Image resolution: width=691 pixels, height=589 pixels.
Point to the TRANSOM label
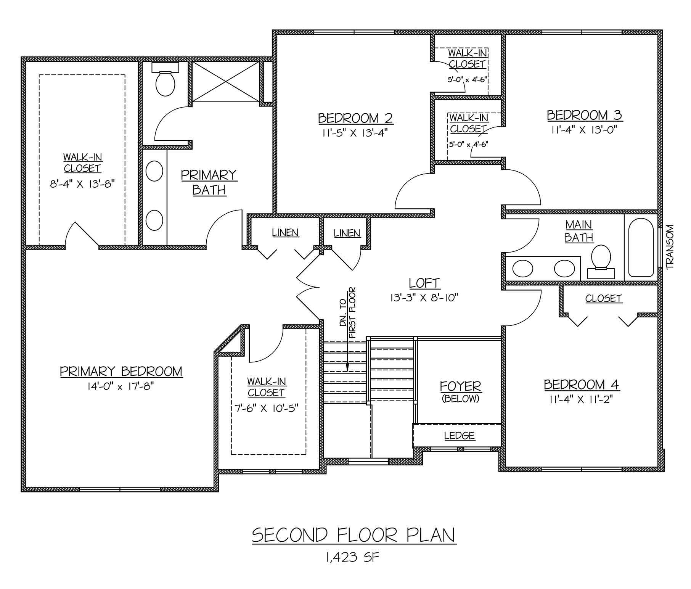pos(670,247)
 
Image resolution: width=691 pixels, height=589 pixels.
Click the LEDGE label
pos(460,436)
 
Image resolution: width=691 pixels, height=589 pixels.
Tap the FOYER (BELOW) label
pos(461,392)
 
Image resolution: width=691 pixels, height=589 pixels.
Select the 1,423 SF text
pos(352,557)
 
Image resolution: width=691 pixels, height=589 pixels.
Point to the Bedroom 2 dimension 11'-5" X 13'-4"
pos(355,133)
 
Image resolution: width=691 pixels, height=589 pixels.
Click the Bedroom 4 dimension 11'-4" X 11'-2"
pos(582,399)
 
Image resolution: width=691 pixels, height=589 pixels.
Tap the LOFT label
pos(424,283)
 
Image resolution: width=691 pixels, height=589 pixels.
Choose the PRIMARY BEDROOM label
pos(121,371)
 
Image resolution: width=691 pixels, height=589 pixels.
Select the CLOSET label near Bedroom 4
pos(604,298)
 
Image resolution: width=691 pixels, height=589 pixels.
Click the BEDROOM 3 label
pos(584,115)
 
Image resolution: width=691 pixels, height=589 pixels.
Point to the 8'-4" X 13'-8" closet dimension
pos(82,184)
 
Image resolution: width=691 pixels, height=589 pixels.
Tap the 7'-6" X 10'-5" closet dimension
pos(266,408)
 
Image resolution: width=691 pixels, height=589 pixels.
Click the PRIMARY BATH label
pos(209,182)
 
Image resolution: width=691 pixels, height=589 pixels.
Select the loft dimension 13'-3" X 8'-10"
pos(424,298)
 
